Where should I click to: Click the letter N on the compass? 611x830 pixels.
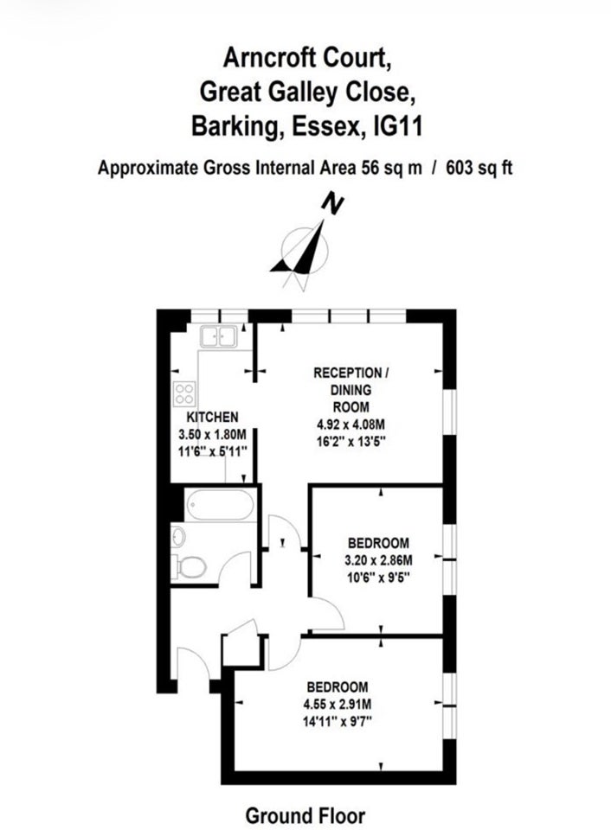(x=333, y=203)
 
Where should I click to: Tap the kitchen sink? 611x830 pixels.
(x=218, y=336)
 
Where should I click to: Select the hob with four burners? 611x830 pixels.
(x=184, y=394)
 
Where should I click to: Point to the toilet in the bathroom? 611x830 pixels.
(x=190, y=567)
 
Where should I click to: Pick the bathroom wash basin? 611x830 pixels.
(x=178, y=537)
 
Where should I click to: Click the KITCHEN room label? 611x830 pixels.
(x=213, y=417)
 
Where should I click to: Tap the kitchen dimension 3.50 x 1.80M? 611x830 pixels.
(x=213, y=435)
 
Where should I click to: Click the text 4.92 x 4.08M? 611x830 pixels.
(x=351, y=424)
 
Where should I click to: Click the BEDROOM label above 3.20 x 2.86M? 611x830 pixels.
(x=378, y=543)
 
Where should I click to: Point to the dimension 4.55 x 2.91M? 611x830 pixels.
(x=338, y=705)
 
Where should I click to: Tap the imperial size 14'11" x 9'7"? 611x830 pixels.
(x=338, y=721)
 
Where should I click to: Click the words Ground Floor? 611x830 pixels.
(x=305, y=815)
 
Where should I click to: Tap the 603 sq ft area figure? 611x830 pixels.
(x=479, y=169)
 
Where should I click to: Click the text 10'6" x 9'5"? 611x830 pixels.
(x=378, y=577)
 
